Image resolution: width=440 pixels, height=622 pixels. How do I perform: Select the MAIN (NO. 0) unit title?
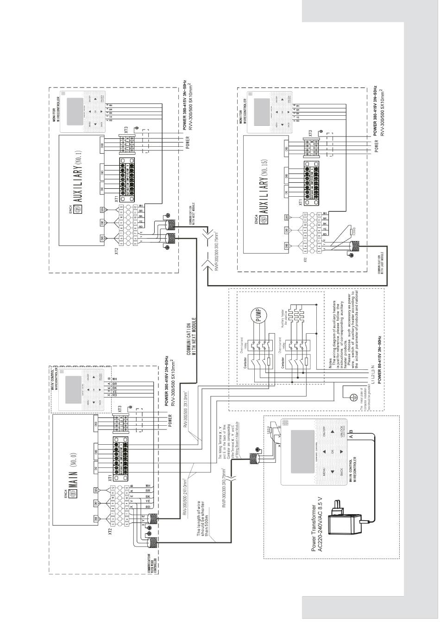77,468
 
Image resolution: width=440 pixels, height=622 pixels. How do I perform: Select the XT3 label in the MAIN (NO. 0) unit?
120,409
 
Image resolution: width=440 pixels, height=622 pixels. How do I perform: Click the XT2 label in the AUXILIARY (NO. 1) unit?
116,252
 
